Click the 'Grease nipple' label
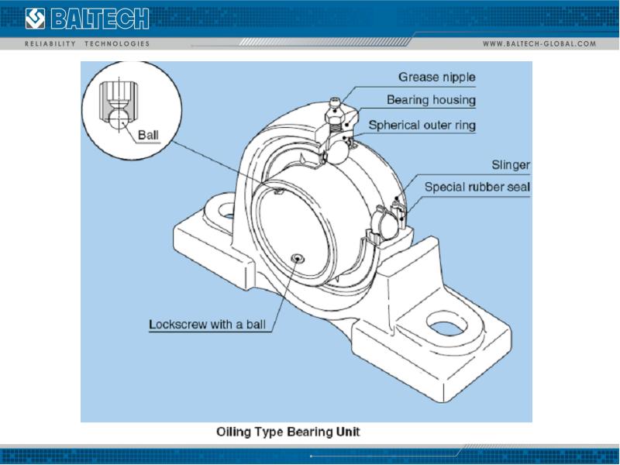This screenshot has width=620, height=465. tap(437, 77)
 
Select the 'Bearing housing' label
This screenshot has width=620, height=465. tap(432, 101)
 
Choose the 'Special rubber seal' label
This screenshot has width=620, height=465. tap(477, 188)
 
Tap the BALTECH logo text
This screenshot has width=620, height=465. tap(108, 16)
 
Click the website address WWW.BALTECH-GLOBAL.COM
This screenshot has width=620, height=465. tap(539, 43)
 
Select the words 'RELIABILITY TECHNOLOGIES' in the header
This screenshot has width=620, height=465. tap(88, 43)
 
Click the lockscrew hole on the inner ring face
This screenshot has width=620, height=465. tap(298, 257)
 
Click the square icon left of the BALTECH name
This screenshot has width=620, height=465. tap(36, 16)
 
